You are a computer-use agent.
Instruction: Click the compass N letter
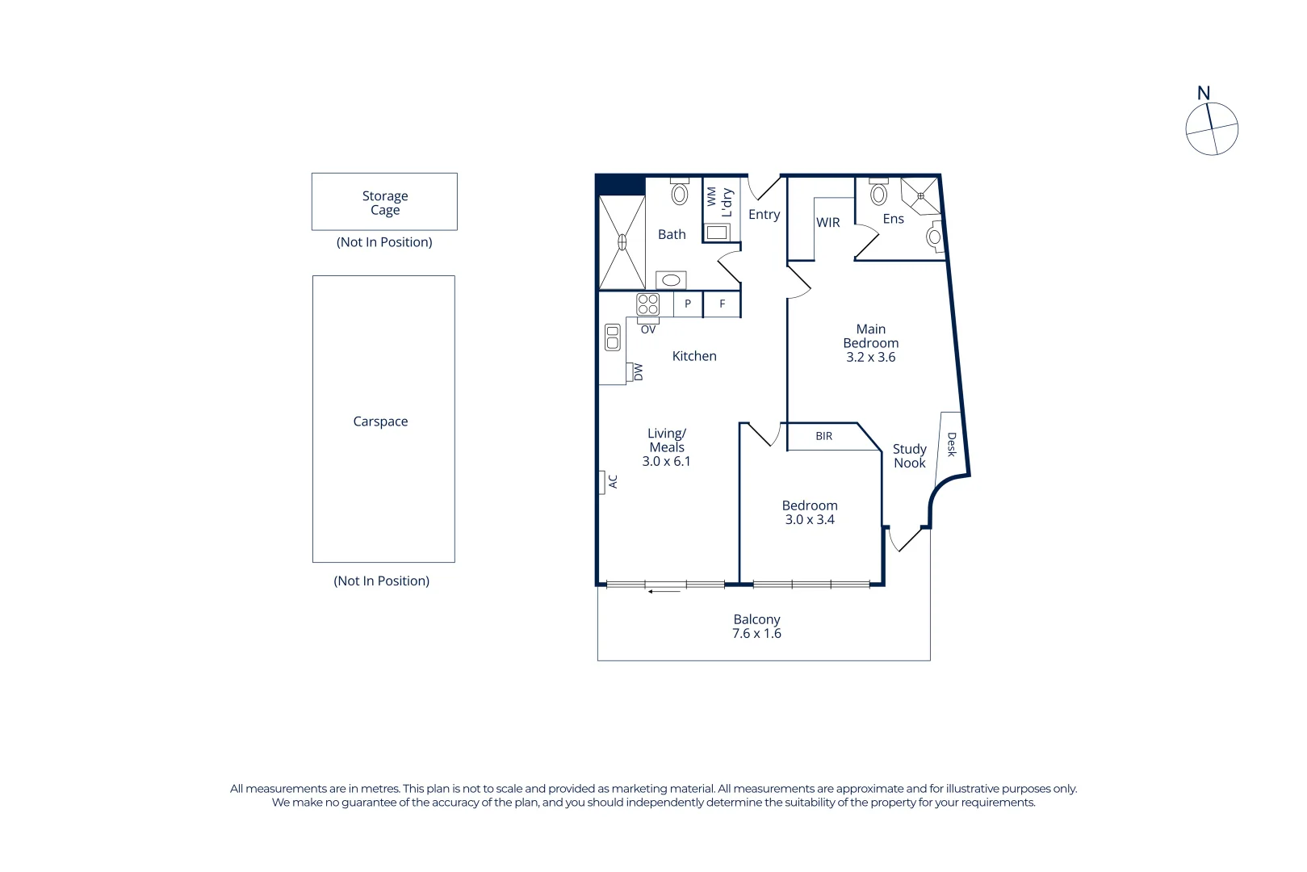tap(1203, 94)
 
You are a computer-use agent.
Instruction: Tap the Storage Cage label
tap(385, 203)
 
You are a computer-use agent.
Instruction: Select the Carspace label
tap(380, 421)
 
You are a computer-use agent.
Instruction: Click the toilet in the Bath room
tap(680, 193)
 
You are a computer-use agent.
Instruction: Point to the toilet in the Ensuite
tap(878, 194)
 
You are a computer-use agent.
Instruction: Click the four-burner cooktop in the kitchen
tap(648, 304)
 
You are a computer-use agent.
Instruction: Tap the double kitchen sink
tap(613, 337)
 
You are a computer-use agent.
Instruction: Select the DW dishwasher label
tap(638, 372)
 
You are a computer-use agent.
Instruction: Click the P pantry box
tap(688, 304)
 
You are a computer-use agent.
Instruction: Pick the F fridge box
tap(723, 304)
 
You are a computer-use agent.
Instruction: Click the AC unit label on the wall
tap(612, 482)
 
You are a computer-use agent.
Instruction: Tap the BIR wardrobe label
tap(823, 436)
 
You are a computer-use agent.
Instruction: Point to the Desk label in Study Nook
tap(951, 444)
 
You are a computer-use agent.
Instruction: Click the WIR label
tap(828, 223)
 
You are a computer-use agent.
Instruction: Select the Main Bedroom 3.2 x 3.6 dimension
tap(870, 358)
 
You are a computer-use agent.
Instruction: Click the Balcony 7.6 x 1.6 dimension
tap(756, 634)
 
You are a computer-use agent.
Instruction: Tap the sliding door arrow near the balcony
tap(664, 592)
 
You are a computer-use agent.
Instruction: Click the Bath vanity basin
tap(671, 280)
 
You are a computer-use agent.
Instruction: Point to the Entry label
tap(764, 215)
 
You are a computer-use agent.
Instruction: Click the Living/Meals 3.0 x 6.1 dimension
tap(666, 462)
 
